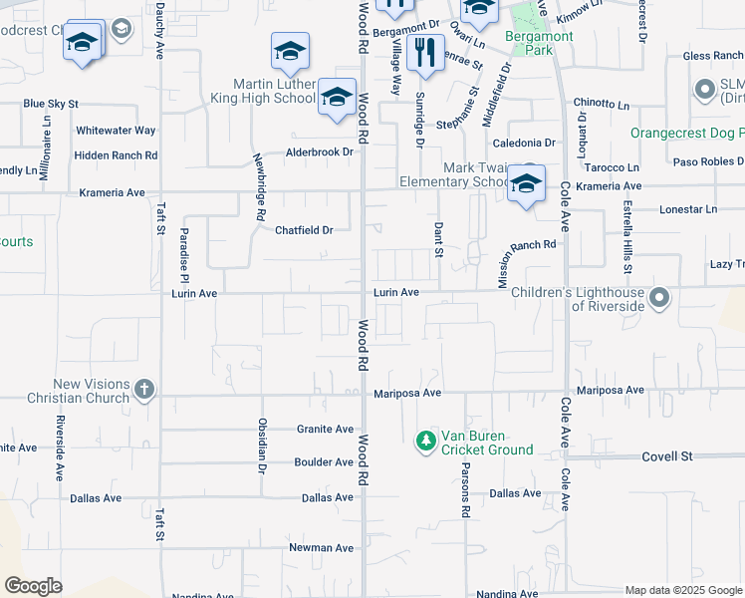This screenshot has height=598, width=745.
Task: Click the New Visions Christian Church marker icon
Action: [144, 388]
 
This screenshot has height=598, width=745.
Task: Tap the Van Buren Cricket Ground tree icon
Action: [425, 440]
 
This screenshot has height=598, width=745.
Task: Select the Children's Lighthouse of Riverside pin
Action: [658, 298]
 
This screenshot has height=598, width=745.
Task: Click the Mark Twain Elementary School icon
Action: [526, 183]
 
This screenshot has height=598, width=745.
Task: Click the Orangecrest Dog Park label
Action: [686, 133]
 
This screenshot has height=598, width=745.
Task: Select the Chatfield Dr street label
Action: [304, 230]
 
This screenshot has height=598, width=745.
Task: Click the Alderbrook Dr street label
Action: [320, 152]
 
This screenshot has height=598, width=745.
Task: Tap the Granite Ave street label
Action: [325, 430]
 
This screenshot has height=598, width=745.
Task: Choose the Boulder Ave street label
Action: [324, 462]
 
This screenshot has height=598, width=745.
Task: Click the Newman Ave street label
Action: [321, 548]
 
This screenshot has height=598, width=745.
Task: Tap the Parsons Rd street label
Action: [465, 494]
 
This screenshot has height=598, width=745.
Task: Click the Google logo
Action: [33, 585]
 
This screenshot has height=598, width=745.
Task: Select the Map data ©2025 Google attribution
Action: [683, 590]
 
